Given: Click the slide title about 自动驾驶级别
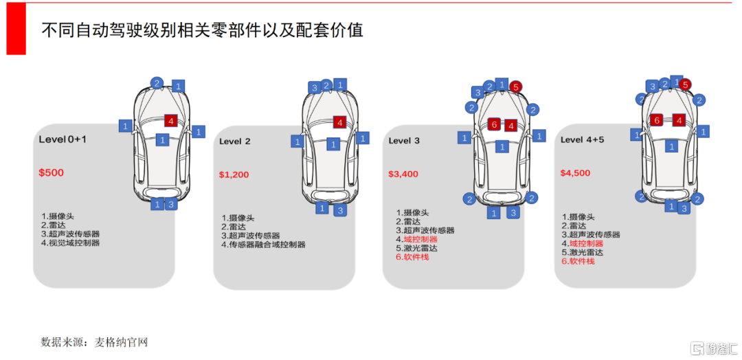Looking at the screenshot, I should coord(203,30).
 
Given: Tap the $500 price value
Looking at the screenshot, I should coord(52,172).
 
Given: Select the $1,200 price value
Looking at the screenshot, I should coord(234,175).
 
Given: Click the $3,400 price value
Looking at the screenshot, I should coord(403,174).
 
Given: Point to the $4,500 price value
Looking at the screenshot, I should coord(575,173).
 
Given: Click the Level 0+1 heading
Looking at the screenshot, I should coord(63,139).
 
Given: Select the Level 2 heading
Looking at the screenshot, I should coord(235,142).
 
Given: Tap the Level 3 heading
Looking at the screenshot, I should coord(404,141).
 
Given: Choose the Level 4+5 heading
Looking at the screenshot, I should coord(582,139).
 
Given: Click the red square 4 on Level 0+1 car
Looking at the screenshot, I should coord(171,121).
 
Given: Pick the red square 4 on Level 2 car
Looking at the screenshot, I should coord(339,122).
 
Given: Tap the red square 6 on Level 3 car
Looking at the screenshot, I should coord(493,124).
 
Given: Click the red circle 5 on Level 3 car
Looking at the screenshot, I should coord(516,87).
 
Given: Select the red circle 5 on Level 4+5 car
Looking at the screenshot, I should coord(685,85).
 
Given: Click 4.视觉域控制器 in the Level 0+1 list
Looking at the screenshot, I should coord(70,243).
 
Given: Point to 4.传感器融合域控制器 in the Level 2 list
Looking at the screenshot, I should coord(263,245).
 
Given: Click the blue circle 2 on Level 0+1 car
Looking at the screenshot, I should coord(157,83).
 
